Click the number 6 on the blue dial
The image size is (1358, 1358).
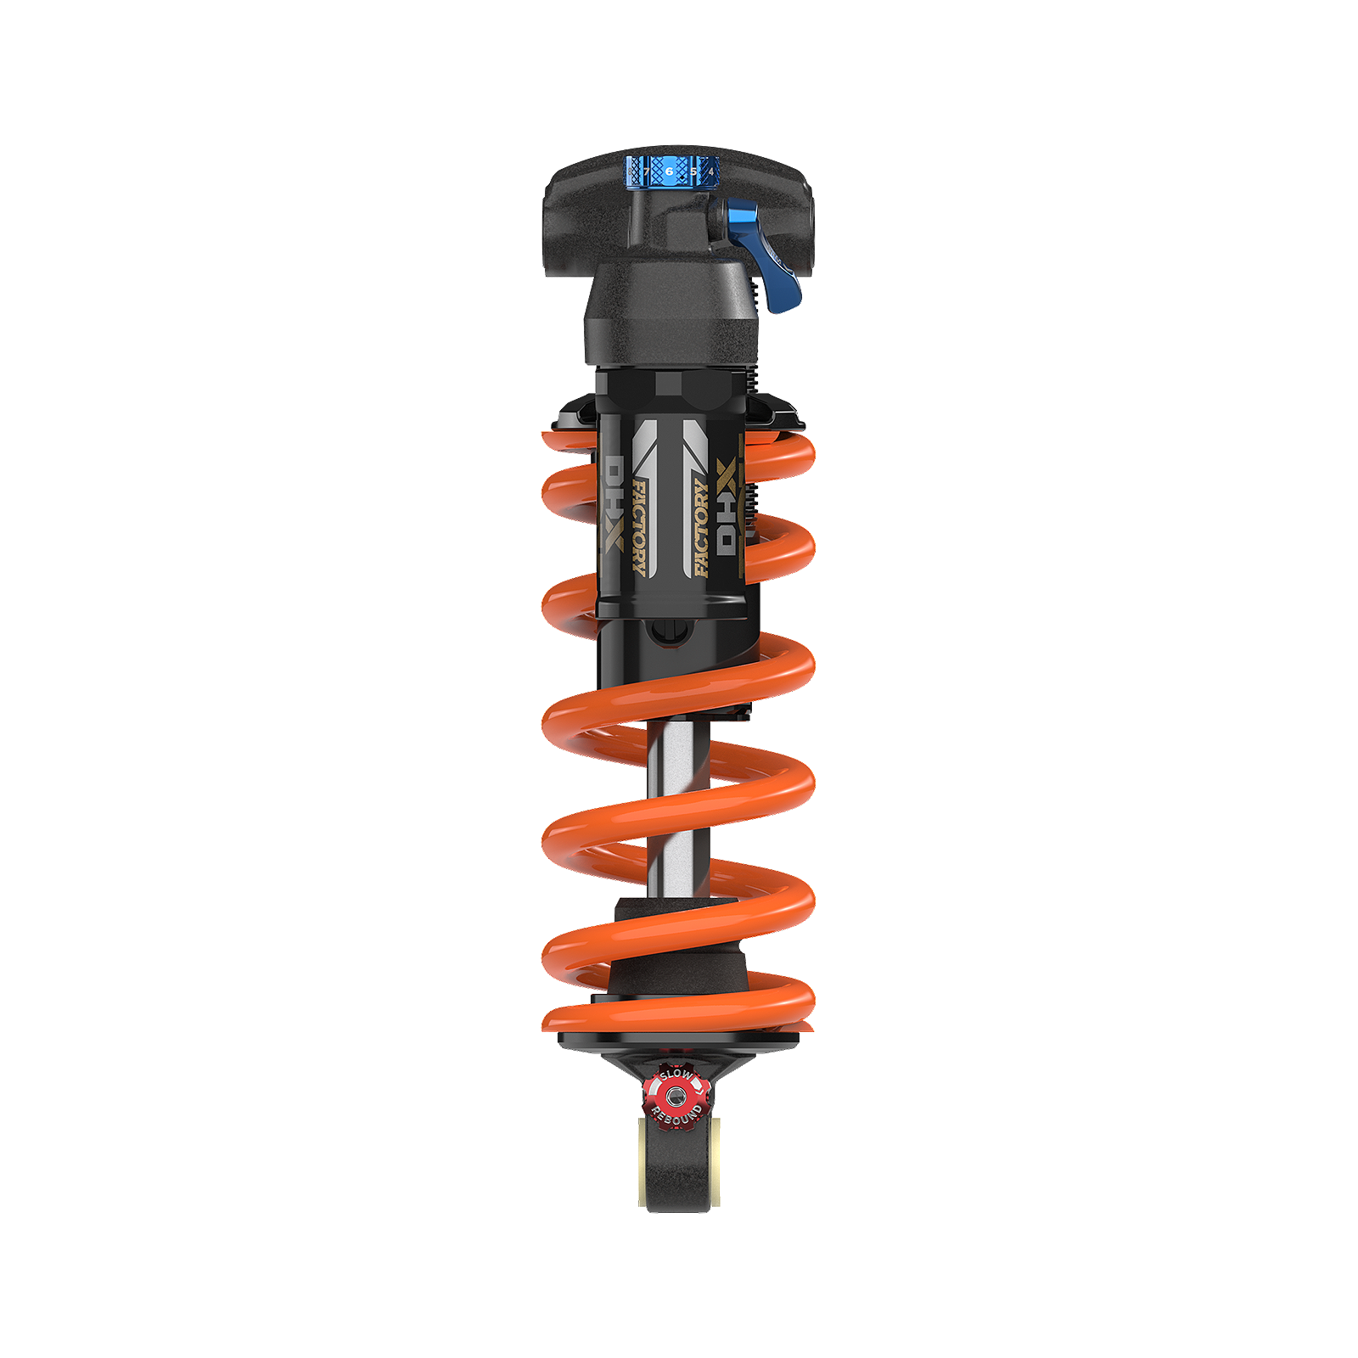(669, 171)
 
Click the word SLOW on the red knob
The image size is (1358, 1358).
(676, 1075)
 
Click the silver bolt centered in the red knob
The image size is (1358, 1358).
(676, 1097)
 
